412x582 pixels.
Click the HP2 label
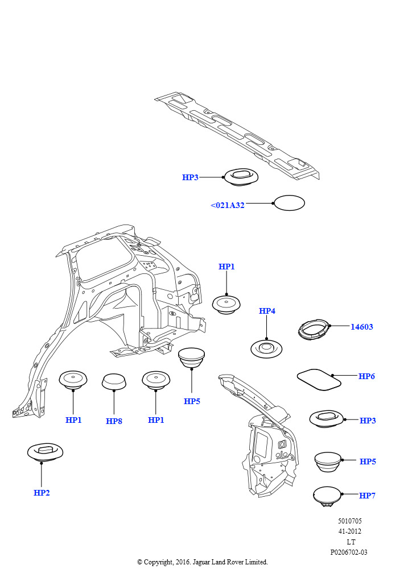[42, 493]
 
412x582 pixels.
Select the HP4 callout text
[267, 311]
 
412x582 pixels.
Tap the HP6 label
[366, 376]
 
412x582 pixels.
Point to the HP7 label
[367, 496]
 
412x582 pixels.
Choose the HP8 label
[114, 421]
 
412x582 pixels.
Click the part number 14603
[361, 327]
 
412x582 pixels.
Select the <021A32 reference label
[228, 205]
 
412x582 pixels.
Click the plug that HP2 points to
[45, 452]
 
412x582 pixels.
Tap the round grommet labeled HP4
[266, 348]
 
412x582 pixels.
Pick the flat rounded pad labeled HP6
[319, 379]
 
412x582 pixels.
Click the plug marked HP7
[327, 496]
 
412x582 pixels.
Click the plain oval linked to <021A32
[289, 203]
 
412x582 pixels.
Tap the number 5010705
[349, 521]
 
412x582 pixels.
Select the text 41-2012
[349, 531]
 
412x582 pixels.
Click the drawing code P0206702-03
[349, 552]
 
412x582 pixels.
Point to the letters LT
[351, 542]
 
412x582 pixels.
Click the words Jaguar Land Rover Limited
[230, 562]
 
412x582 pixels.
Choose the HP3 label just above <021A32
[190, 177]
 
